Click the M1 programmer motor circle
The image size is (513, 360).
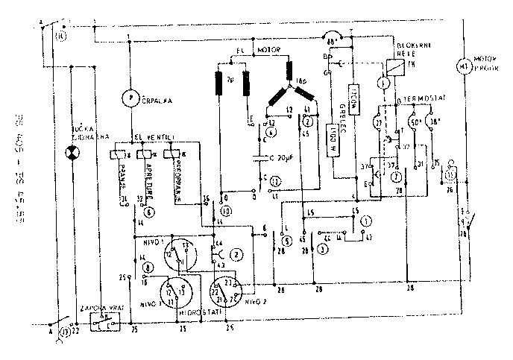pyautogui.click(x=464, y=66)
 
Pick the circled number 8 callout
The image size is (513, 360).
pyautogui.click(x=148, y=268)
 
